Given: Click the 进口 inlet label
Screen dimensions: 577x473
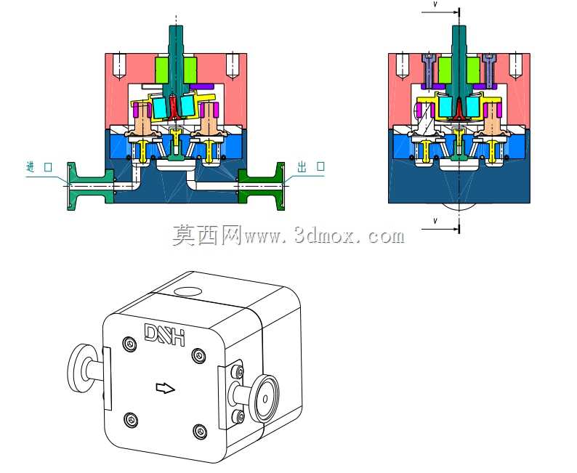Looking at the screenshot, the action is click(x=39, y=166).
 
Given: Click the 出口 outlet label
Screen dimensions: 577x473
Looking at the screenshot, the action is click(x=311, y=166).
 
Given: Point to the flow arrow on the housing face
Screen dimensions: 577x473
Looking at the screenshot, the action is click(x=166, y=388).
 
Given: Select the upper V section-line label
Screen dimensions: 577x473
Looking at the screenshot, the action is click(x=435, y=5).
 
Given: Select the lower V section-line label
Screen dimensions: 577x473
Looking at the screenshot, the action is click(x=435, y=221).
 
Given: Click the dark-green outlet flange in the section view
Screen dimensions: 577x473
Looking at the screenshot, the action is click(x=262, y=186).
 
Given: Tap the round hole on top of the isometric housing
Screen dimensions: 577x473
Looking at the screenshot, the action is click(x=187, y=292).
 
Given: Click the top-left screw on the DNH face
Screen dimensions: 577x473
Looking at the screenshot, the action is click(x=129, y=343).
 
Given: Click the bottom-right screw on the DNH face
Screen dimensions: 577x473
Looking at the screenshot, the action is click(x=200, y=430).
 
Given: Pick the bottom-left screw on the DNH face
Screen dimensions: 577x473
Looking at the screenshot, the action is click(x=131, y=419).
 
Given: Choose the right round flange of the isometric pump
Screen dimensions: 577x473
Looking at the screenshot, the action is click(x=266, y=399).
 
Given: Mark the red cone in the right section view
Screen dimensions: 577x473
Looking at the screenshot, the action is click(x=459, y=110).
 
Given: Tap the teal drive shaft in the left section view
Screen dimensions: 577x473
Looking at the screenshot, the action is click(x=177, y=59).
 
